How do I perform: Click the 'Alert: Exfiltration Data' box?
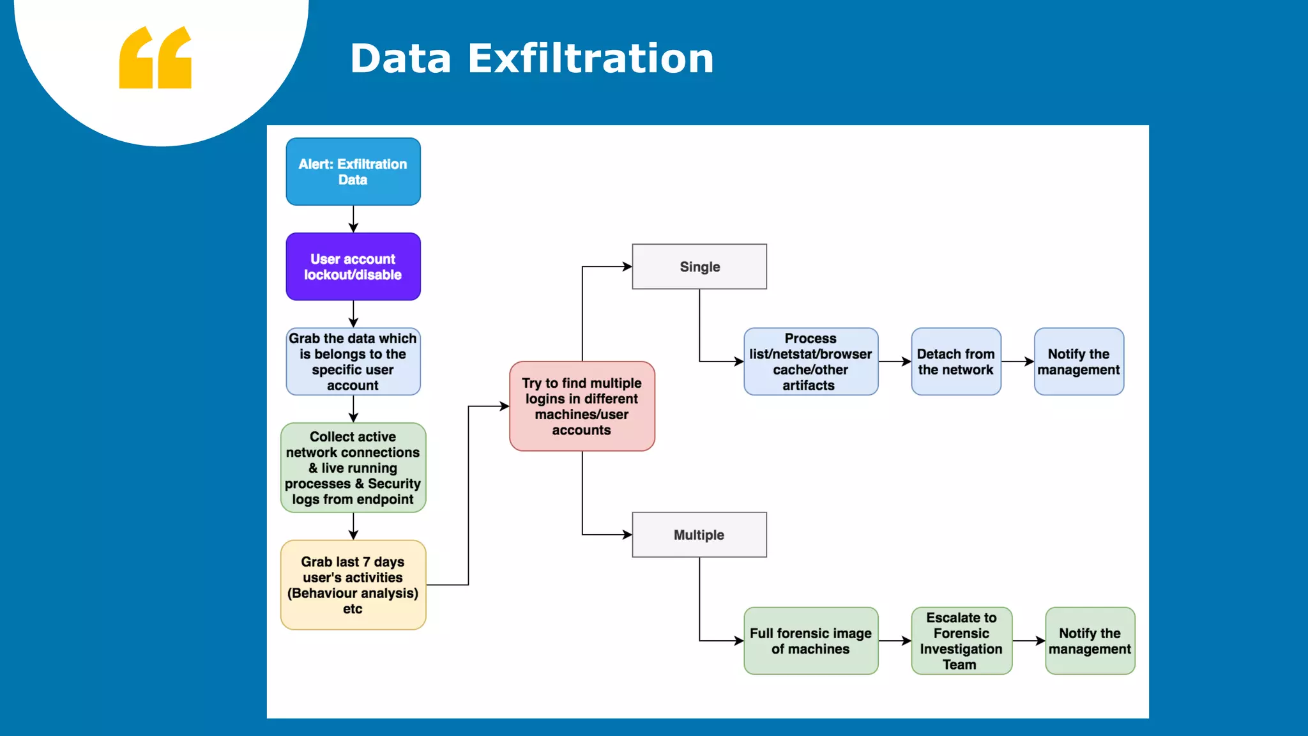point(353,172)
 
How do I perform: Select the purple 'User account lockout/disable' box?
point(353,266)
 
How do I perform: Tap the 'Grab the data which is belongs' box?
point(353,362)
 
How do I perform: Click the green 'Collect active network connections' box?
point(353,468)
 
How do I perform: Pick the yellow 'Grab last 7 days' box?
point(353,585)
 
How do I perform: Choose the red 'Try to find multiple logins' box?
point(582,406)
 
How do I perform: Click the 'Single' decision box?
point(699,266)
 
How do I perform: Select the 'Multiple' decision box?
point(699,535)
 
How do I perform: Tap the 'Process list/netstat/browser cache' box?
point(810,362)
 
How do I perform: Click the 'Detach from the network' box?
point(956,362)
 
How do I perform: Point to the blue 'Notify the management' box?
point(1079,362)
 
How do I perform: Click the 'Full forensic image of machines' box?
point(810,641)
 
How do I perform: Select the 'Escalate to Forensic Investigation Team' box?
point(961,641)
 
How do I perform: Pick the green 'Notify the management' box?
point(1090,641)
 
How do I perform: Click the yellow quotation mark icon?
point(155,57)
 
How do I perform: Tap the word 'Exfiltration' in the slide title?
point(591,59)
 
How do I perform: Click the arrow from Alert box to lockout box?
point(353,219)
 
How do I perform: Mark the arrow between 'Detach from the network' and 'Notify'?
point(1017,362)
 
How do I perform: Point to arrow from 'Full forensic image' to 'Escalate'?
point(895,641)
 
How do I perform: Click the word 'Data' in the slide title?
point(401,59)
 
